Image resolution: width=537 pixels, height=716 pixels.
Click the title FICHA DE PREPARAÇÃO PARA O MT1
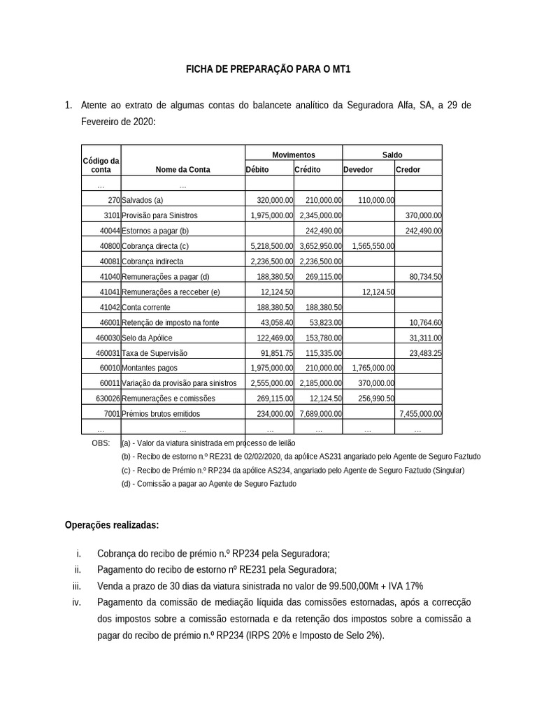[x=268, y=70]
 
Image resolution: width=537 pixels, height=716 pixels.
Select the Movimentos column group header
[x=293, y=155]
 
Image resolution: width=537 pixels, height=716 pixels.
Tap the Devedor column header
[x=358, y=170]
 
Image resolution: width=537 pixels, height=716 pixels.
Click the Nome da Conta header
[x=182, y=170]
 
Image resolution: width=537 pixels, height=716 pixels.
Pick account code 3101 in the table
[x=112, y=215]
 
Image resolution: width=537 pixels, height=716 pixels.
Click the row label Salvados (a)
[x=142, y=200]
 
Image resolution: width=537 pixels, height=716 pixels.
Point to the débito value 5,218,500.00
[x=271, y=246]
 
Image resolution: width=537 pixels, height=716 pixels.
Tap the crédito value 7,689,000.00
[x=320, y=414]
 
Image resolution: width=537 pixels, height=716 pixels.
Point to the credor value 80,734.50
[x=425, y=277]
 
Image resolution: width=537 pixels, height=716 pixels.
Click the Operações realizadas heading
[x=111, y=525]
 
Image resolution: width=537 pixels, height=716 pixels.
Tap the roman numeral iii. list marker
[x=78, y=586]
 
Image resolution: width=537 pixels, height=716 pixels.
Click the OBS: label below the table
[x=101, y=443]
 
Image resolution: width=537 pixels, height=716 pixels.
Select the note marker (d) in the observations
[x=126, y=484]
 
